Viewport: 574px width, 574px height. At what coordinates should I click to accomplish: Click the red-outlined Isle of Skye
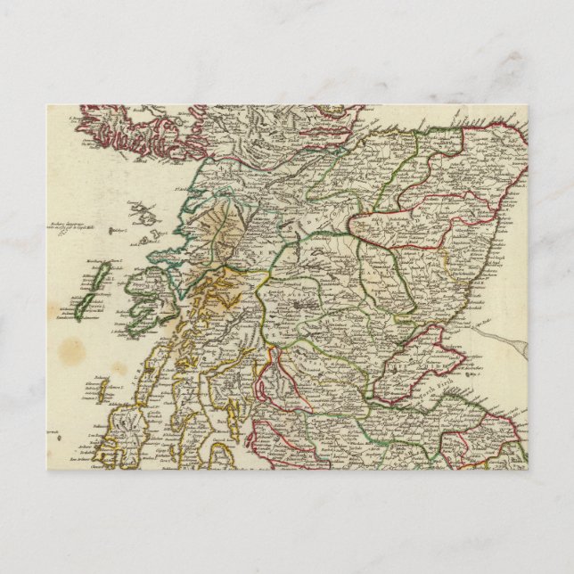(134, 129)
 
